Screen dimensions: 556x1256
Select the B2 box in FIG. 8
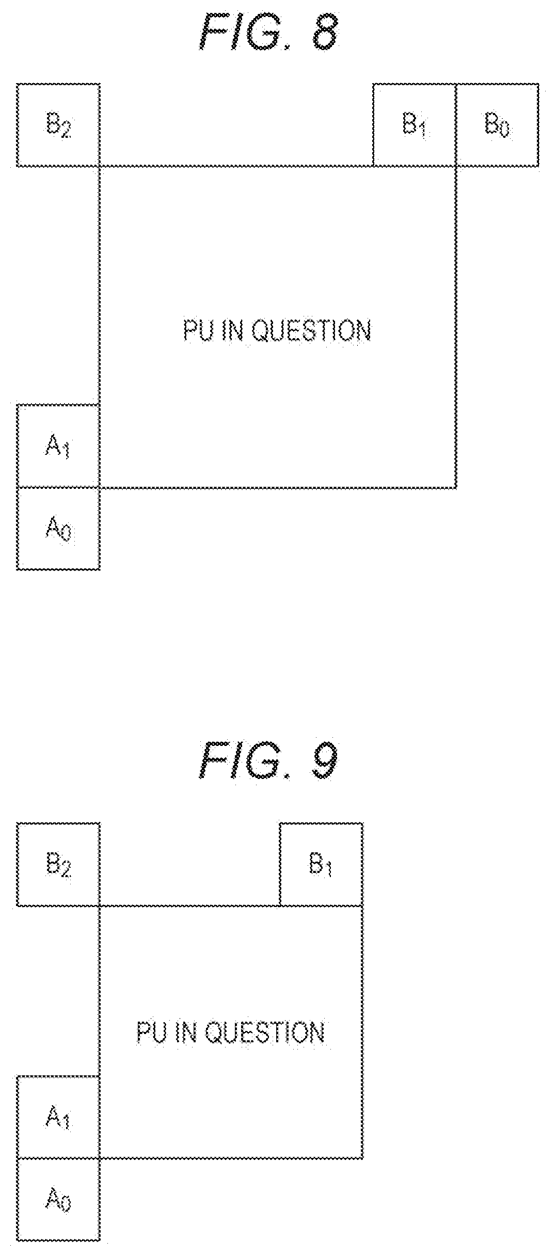58,125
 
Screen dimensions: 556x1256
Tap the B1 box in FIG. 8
415,125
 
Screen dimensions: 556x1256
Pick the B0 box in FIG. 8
498,125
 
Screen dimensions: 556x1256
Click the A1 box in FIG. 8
58,446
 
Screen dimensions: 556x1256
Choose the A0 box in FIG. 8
58,529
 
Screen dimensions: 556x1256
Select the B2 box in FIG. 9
58,865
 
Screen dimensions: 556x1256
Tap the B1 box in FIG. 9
321,865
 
